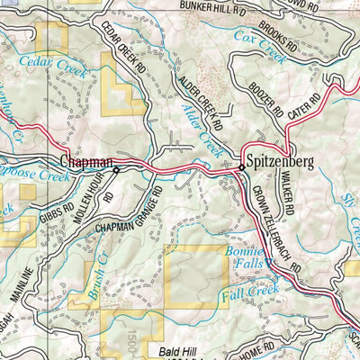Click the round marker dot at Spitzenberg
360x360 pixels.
pos(241,167)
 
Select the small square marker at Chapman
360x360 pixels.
pos(116,169)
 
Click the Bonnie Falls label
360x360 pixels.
pos(244,256)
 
